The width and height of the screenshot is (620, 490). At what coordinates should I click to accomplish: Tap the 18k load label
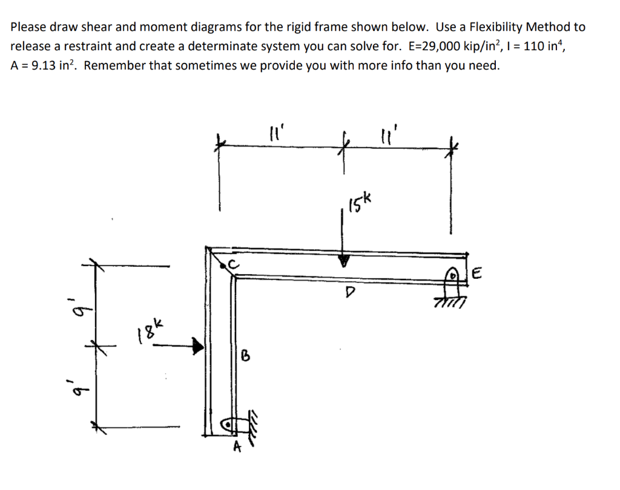(149, 332)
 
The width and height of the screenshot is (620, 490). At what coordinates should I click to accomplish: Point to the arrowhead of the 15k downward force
(344, 261)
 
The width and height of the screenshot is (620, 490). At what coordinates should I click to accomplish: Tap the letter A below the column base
(237, 447)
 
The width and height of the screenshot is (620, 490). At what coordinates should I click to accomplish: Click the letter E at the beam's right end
(476, 276)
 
